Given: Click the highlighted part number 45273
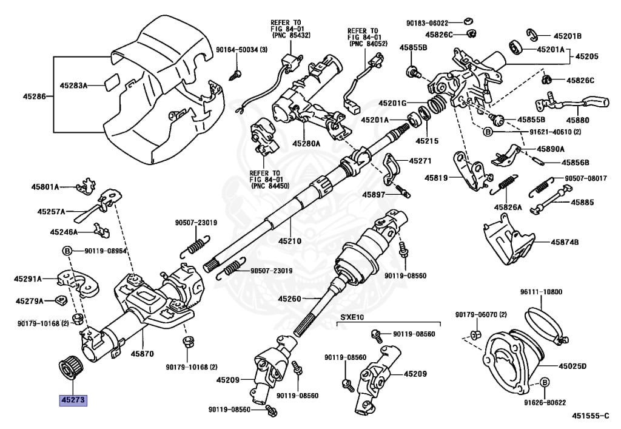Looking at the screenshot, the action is pos(73,400).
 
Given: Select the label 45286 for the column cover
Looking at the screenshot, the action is pos(34,96).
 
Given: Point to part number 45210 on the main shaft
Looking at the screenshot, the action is pos(289,241).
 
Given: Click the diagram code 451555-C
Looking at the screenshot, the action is pos(589,415).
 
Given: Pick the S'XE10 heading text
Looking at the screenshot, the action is pos(352,317).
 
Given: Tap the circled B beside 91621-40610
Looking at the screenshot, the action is pos(488,132).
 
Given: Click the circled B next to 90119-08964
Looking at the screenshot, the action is pos(67,251).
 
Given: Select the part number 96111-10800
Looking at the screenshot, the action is pos(541,292).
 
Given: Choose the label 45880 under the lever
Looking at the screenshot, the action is pos(577,120).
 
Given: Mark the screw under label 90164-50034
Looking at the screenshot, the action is pos(236,74).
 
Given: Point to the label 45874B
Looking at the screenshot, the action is pos(565,242).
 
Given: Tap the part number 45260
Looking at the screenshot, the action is pos(289,299).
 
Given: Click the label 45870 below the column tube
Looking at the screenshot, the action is pos(142,354).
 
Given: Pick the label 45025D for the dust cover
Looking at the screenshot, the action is pos(572,366).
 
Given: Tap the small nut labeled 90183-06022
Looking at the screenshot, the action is pos(469,22).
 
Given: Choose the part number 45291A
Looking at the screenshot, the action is pos(28,279).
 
